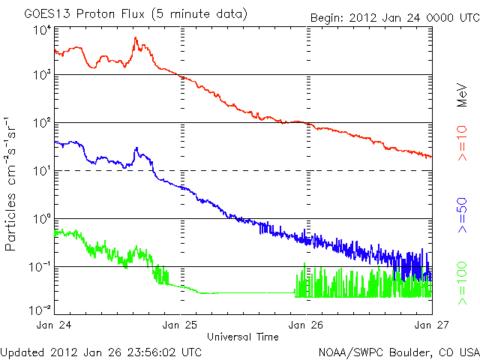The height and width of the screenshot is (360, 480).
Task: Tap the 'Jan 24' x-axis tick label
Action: point(54,325)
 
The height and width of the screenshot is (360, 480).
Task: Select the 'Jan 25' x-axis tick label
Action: point(180,325)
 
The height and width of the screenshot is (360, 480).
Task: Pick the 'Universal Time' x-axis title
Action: point(243,336)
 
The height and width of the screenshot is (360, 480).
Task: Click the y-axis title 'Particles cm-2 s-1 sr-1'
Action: point(12,183)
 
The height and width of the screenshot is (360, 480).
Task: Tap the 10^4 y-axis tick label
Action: point(41,30)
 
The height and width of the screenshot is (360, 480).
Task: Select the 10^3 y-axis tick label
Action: point(41,75)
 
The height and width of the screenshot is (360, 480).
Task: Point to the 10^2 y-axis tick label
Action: point(41,123)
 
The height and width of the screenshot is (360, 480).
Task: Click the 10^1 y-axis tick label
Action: point(41,171)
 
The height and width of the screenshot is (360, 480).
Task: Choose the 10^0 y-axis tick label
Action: point(41,219)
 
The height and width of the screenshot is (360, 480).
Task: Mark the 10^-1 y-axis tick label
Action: point(40,267)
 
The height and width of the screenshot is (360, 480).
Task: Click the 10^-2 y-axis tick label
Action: point(40,309)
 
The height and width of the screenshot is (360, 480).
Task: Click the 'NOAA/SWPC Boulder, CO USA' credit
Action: point(398,351)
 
